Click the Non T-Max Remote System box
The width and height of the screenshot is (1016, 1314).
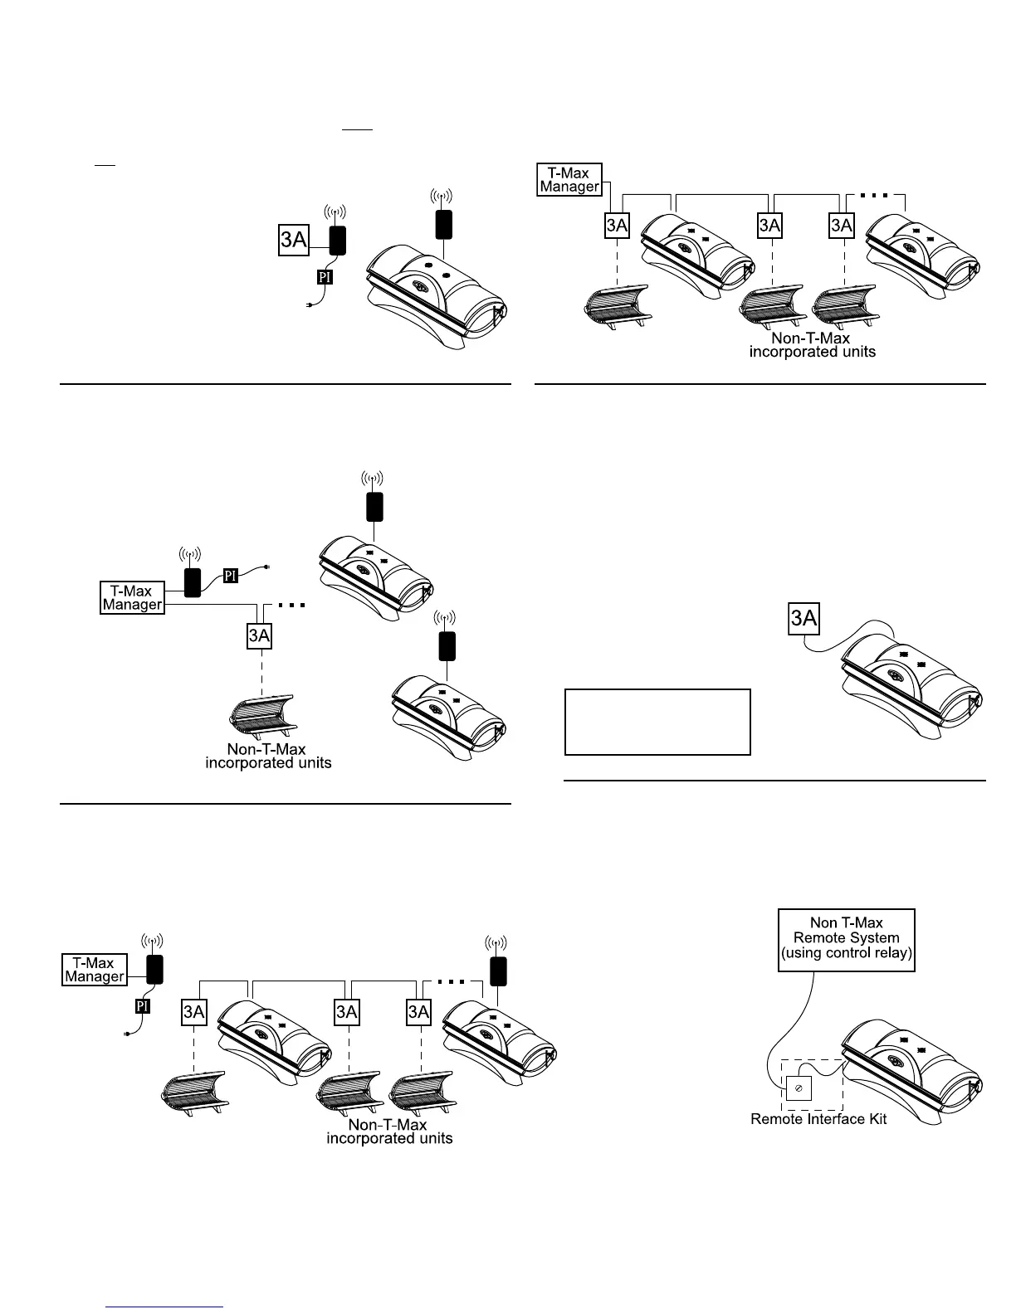[846, 940]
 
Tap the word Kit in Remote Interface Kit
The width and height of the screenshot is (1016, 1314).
[875, 1119]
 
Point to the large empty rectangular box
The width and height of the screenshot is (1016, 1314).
[657, 722]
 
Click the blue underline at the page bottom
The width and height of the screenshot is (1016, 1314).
[164, 1307]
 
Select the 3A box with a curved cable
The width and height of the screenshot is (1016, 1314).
[804, 619]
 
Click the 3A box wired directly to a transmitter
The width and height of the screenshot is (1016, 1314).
[294, 240]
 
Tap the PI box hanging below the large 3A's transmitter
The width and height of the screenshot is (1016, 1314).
[325, 277]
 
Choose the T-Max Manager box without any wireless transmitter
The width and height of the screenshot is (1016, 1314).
[569, 179]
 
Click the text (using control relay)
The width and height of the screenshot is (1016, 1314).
[846, 953]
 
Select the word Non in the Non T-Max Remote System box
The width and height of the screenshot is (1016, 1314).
[823, 922]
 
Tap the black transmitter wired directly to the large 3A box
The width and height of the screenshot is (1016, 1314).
[337, 240]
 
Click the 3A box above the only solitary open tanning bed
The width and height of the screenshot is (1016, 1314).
[259, 635]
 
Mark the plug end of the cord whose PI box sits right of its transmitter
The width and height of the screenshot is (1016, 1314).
[266, 567]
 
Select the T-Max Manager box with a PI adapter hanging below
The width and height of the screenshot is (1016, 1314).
[95, 970]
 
